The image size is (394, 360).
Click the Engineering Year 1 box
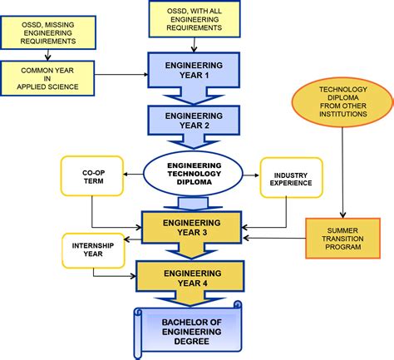click(x=193, y=68)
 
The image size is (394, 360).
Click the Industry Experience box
click(x=291, y=176)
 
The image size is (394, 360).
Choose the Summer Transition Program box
click(x=342, y=234)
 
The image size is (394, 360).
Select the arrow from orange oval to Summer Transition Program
click(x=342, y=175)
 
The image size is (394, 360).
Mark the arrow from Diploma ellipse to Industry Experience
click(x=249, y=175)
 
